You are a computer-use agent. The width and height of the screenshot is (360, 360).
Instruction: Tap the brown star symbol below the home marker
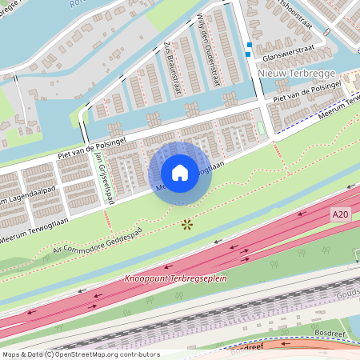pos(187,225)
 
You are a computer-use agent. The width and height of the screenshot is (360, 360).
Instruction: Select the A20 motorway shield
pos(340,215)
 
